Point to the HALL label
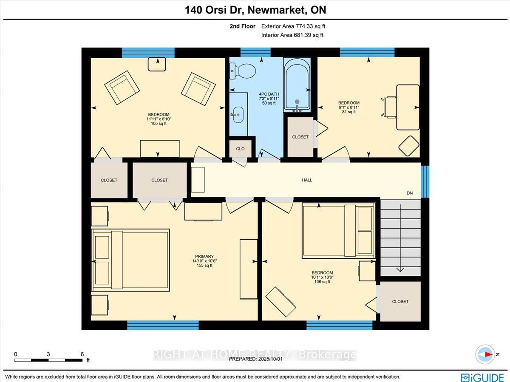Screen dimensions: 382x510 pos(307,180)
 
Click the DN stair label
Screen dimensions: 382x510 pos(410,193)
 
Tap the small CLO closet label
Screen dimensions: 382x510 pos(240,149)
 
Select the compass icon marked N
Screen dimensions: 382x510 pos(485,354)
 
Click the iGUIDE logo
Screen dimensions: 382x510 pos(482,377)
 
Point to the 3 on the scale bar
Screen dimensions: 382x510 pos(49,354)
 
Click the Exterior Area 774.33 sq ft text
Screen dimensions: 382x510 pos(293,26)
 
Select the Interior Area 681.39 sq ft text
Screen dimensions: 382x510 pos(292,35)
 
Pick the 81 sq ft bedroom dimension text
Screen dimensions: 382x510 pos(348,112)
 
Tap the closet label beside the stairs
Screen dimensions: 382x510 pos(400,301)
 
